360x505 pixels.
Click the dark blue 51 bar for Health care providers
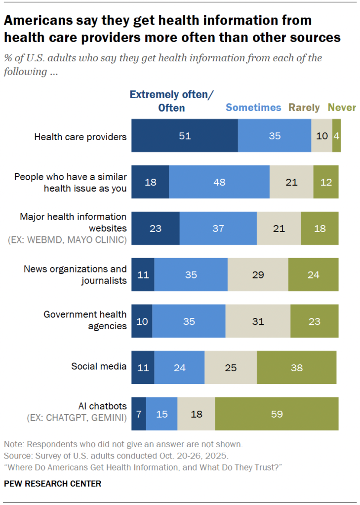(x=184, y=136)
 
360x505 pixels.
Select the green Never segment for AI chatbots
(x=277, y=414)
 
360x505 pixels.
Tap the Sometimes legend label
(x=253, y=108)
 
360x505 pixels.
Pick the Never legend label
(x=342, y=108)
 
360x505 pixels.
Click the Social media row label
(x=99, y=366)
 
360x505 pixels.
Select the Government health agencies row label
(x=85, y=320)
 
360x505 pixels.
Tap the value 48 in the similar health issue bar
(x=219, y=182)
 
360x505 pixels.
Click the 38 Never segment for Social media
(x=296, y=368)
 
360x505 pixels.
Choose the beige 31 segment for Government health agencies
(x=258, y=321)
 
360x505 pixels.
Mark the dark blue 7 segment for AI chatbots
(x=139, y=414)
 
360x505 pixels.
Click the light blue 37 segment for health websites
(x=218, y=229)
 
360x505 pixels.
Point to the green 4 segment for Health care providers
(x=336, y=136)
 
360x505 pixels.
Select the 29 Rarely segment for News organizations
(x=258, y=275)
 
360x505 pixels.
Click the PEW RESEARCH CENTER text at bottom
(x=52, y=484)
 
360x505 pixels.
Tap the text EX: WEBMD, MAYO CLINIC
(x=67, y=240)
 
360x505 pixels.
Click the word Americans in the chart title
(x=38, y=20)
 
